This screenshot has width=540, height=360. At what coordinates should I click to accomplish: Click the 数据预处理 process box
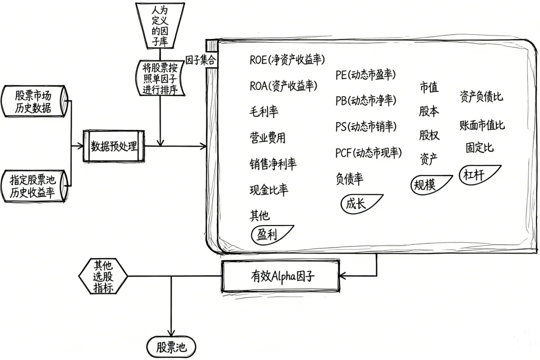[114, 146]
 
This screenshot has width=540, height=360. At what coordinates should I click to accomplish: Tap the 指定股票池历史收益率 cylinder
[33, 186]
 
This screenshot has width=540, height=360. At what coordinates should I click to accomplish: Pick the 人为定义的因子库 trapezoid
[160, 24]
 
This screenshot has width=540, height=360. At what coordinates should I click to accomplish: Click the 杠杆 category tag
[477, 175]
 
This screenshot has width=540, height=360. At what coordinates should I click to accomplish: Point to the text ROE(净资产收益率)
[287, 60]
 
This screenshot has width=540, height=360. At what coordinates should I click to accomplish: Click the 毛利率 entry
[263, 111]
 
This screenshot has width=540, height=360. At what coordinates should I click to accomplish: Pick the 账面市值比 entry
[481, 125]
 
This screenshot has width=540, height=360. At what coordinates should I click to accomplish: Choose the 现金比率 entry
[268, 190]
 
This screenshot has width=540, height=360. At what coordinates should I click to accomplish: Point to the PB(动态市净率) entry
[365, 100]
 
